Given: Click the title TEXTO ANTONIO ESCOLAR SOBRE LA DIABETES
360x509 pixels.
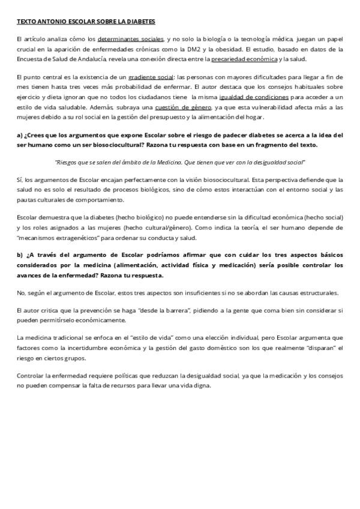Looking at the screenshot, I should pos(86,22).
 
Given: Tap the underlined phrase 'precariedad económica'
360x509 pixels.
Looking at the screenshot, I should pos(244,59).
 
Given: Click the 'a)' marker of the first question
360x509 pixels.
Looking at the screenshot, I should pos(20,135).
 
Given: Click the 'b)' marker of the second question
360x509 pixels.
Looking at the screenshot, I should pos(20,254).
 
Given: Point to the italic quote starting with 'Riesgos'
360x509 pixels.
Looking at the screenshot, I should pos(180,162).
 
